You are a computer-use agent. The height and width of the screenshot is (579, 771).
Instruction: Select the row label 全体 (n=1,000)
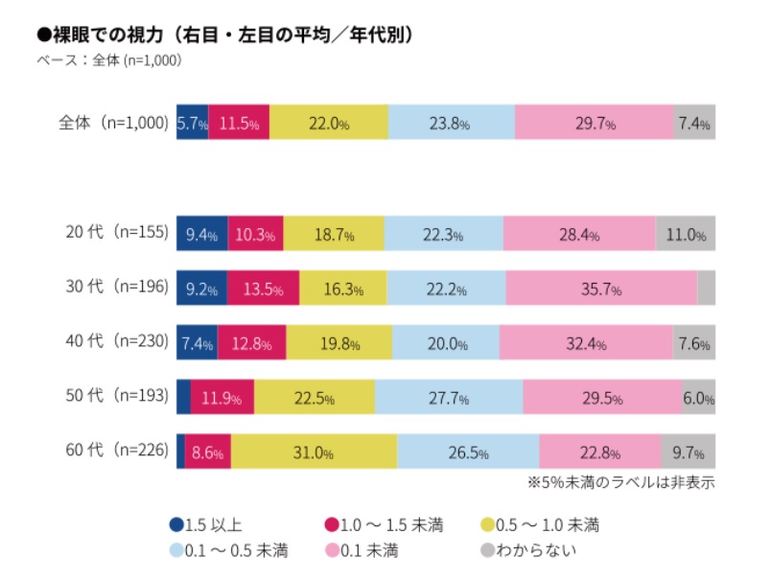tap(113, 123)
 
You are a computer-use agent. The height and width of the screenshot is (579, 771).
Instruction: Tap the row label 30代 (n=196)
tap(113, 287)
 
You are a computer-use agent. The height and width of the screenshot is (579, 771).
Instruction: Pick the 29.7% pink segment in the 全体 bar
tap(595, 123)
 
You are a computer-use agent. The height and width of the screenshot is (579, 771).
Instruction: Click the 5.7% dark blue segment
tap(193, 123)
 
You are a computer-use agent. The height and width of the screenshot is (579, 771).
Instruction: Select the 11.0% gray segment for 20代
tap(686, 233)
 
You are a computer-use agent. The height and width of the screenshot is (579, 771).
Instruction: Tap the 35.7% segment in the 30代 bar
tap(601, 288)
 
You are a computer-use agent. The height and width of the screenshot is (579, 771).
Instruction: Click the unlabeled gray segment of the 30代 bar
tap(706, 288)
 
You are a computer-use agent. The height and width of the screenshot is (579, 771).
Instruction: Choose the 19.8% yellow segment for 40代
tap(339, 342)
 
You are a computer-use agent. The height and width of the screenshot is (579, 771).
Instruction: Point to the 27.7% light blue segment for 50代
tap(449, 397)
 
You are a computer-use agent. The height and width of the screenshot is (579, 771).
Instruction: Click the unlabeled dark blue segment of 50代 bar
tap(183, 397)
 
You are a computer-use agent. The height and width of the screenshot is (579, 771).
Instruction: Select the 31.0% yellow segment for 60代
tap(314, 452)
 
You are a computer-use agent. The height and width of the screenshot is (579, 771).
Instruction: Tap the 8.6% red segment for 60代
tap(207, 452)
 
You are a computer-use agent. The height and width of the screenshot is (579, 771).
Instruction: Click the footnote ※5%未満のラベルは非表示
tap(620, 481)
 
